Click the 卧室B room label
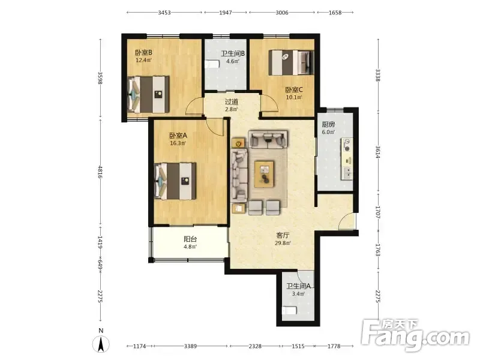coord(144,53)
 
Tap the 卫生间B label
coord(233,53)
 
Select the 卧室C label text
coord(294,89)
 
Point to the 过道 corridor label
coord(232,101)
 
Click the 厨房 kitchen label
coord(328,124)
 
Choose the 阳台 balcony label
coord(190,239)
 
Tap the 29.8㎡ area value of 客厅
coord(283,243)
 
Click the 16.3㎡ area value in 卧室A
coord(178,143)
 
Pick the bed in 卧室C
coord(291,62)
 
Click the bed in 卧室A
coord(175,181)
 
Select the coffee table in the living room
coord(265,174)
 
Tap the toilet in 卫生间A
coord(290,311)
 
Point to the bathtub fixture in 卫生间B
coord(212,65)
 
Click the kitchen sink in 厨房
coord(348,173)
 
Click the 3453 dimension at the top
coord(164,13)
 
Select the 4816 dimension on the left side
coord(100,172)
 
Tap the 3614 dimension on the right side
coord(378,152)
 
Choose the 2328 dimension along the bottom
coord(254,346)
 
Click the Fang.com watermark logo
coord(415,335)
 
